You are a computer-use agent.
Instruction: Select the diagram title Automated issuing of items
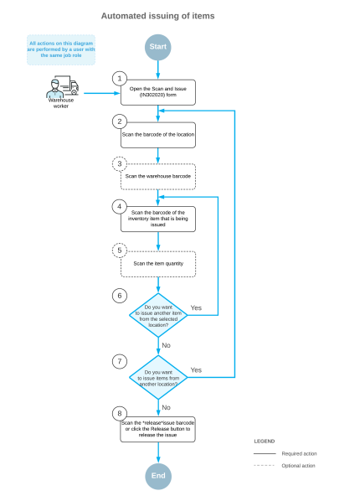[x=157, y=15]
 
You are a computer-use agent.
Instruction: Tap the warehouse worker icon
[x=61, y=89]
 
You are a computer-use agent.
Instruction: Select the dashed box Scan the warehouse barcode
[x=158, y=177]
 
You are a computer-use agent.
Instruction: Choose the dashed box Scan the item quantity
[x=158, y=264]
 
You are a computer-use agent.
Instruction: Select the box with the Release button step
[x=158, y=427]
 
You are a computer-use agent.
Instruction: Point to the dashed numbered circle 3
[x=121, y=162]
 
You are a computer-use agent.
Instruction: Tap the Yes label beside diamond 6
[x=196, y=307]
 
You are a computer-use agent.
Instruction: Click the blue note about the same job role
[x=61, y=49]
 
